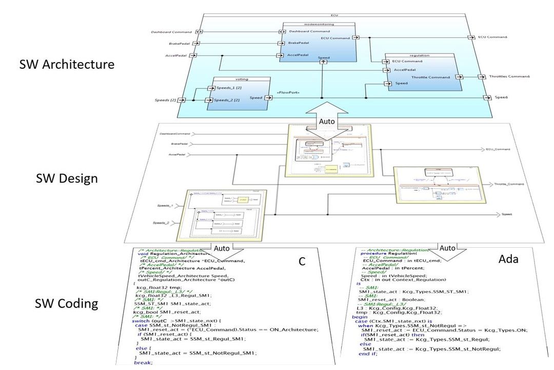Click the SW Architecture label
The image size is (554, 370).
[67, 65]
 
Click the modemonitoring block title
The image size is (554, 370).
[318, 25]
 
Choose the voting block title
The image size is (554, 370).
[238, 80]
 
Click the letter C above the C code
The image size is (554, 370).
[302, 261]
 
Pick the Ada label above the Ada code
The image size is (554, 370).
[509, 260]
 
